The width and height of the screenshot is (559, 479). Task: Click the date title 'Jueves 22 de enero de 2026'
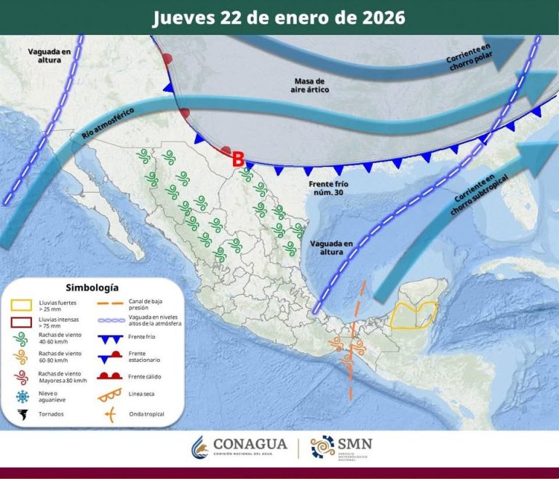point(279,17)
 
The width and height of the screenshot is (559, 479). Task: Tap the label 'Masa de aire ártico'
point(312,84)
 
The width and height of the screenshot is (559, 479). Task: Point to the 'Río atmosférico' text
point(99,132)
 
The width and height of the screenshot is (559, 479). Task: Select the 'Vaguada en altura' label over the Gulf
point(331,247)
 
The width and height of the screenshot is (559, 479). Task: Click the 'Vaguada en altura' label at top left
point(49,55)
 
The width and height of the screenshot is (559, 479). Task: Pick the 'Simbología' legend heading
point(92,288)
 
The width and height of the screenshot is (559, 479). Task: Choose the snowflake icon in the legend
point(22,396)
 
